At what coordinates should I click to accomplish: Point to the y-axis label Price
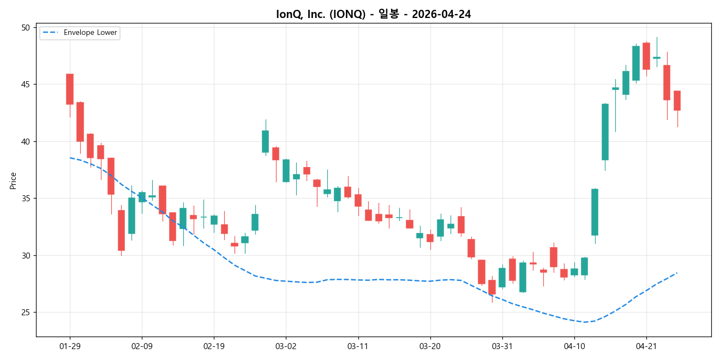pos(13,180)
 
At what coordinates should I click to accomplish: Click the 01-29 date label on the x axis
pos(70,346)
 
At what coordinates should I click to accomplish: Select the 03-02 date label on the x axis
pos(285,346)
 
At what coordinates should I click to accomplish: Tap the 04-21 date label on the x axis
pos(646,346)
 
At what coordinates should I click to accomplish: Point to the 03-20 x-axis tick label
pos(430,346)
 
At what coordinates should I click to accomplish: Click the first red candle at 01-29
pos(70,89)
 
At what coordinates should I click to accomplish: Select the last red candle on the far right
pos(677,101)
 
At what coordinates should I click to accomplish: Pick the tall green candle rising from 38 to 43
pos(605,132)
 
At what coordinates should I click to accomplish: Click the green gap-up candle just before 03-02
pos(265,141)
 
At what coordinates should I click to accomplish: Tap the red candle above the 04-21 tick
pos(646,56)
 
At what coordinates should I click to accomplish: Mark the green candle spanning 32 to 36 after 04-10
pos(595,212)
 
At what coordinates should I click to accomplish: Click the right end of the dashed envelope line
pos(677,273)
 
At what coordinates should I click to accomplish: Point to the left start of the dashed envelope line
pos(70,158)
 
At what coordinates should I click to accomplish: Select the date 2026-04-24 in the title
pos(441,14)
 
